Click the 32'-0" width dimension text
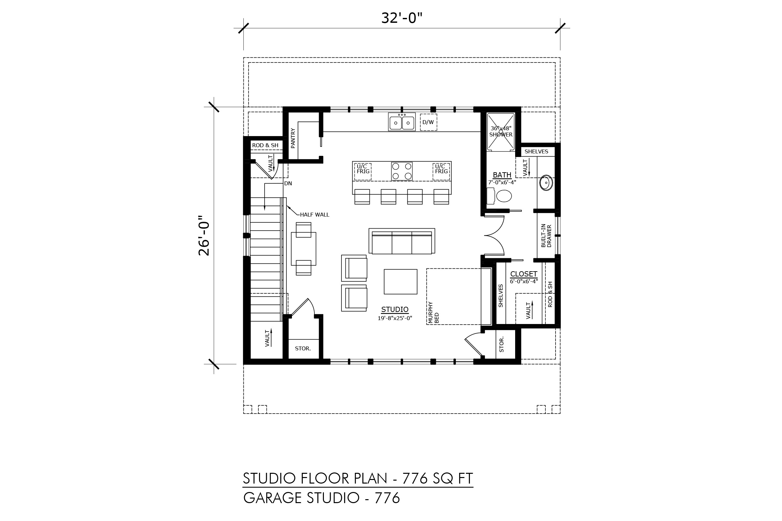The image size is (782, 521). click(401, 18)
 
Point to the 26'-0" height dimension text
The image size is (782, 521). click(204, 236)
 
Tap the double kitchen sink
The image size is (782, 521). click(402, 121)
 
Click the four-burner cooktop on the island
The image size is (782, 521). click(402, 171)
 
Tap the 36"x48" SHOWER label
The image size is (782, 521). click(501, 132)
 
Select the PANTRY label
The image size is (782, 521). click(293, 138)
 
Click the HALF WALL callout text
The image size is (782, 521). click(314, 215)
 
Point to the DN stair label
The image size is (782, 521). click(288, 183)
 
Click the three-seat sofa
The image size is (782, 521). click(402, 242)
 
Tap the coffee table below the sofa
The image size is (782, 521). click(400, 282)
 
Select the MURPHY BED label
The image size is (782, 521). click(434, 313)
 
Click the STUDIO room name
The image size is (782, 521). click(395, 310)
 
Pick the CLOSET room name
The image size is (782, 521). click(524, 274)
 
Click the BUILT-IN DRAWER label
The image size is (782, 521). click(546, 236)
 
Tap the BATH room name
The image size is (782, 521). click(502, 175)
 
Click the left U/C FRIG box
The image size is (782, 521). click(363, 172)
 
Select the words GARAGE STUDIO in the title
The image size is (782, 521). click(301, 498)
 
